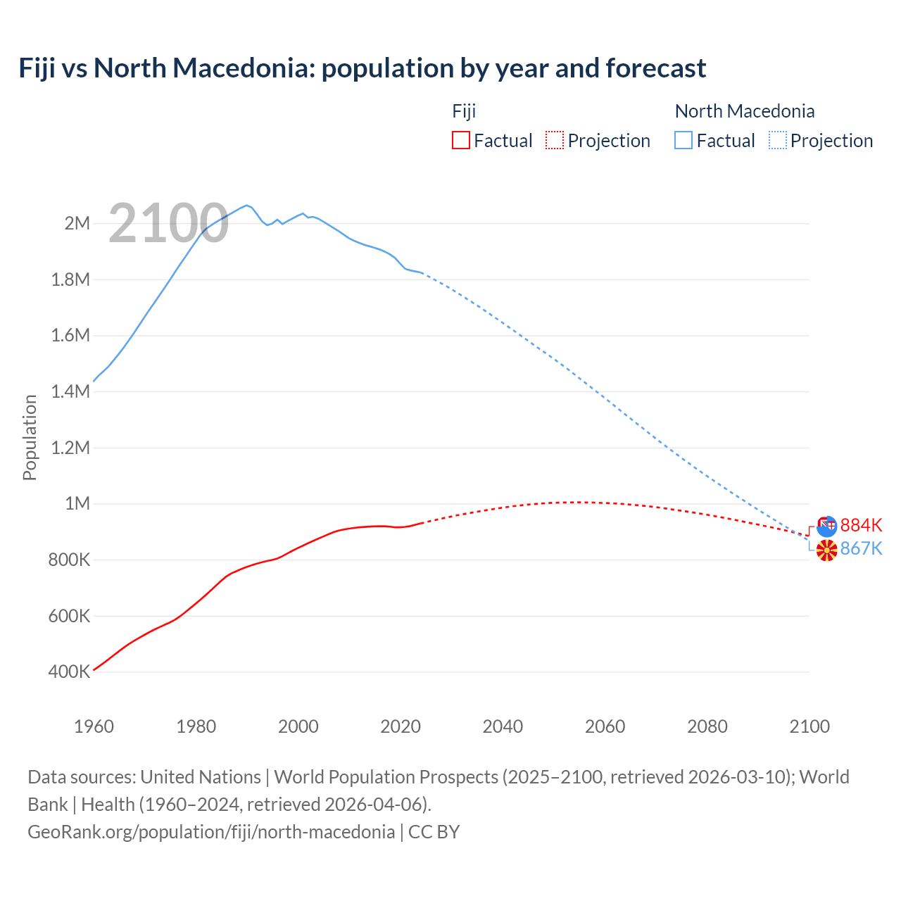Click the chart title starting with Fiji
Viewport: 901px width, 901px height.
pyautogui.click(x=362, y=68)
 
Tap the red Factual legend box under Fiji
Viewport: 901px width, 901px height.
pyautogui.click(x=460, y=140)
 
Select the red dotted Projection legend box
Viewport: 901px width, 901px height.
pyautogui.click(x=555, y=140)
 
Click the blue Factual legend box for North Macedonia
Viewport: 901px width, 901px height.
pyautogui.click(x=683, y=140)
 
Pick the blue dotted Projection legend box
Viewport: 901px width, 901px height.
pyautogui.click(x=777, y=140)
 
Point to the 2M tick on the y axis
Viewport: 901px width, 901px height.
pyautogui.click(x=77, y=224)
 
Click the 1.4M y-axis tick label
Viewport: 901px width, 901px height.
pyautogui.click(x=71, y=391)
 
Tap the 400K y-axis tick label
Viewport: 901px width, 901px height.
pyautogui.click(x=70, y=672)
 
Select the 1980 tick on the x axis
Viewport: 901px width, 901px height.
pyautogui.click(x=196, y=726)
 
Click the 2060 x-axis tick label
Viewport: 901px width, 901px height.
pyautogui.click(x=605, y=726)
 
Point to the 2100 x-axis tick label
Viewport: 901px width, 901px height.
pyautogui.click(x=809, y=726)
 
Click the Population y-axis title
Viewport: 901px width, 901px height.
pyautogui.click(x=30, y=437)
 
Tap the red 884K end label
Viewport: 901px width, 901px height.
pyautogui.click(x=861, y=525)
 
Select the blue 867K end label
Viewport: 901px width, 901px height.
pyautogui.click(x=861, y=548)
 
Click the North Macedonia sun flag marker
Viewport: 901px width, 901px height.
pyautogui.click(x=826, y=550)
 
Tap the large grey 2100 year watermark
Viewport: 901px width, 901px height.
pyautogui.click(x=168, y=223)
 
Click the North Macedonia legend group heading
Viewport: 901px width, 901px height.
pyautogui.click(x=744, y=111)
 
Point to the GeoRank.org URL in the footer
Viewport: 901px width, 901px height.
pyautogui.click(x=211, y=831)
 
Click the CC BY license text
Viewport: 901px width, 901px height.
pyautogui.click(x=434, y=831)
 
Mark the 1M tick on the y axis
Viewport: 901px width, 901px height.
pyautogui.click(x=77, y=503)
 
